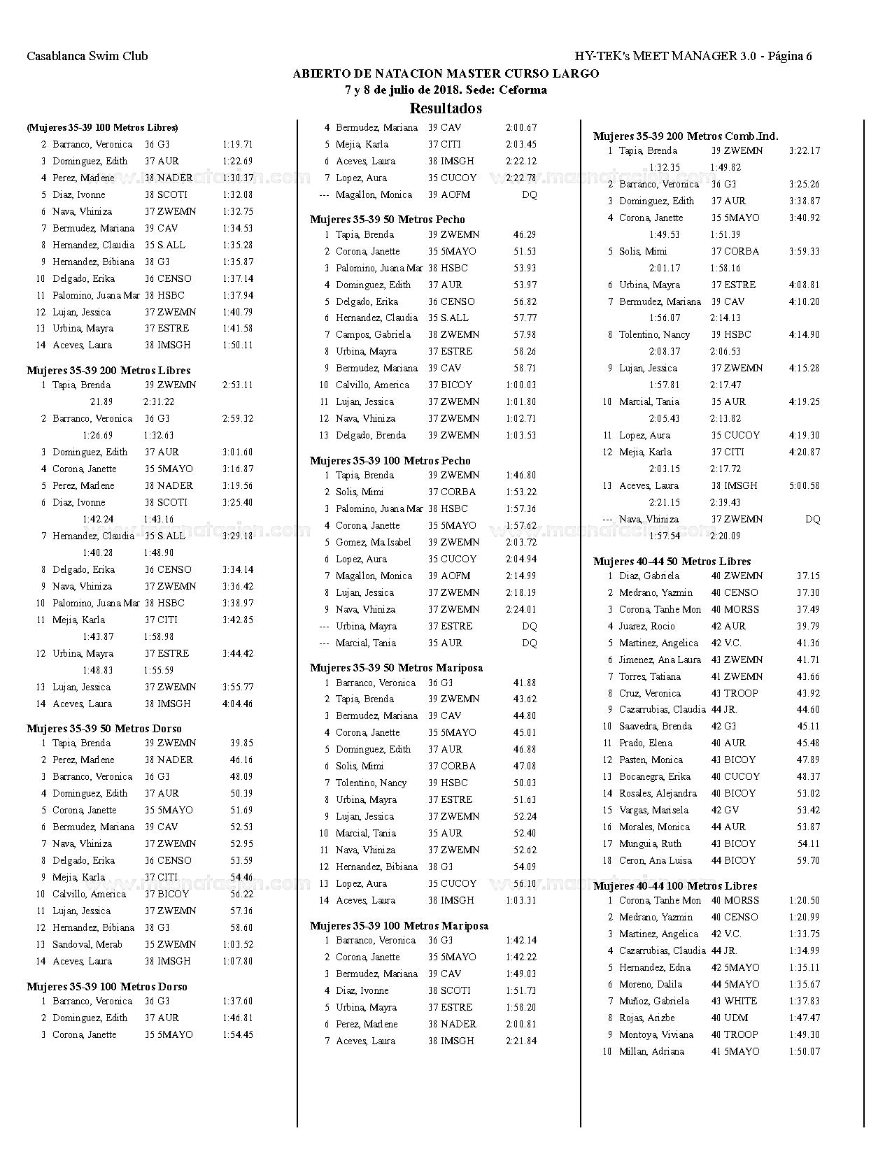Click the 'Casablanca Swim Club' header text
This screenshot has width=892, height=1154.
(87, 57)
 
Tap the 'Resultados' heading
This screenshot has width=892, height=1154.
(446, 108)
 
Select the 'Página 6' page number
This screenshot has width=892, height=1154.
(790, 57)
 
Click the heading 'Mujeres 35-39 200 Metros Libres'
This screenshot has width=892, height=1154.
(108, 371)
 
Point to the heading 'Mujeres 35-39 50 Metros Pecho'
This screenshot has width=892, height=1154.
(387, 220)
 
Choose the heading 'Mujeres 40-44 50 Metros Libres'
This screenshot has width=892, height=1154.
(672, 562)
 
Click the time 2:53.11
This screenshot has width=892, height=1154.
(237, 385)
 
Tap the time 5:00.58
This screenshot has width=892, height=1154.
(804, 486)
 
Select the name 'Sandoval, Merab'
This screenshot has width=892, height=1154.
(87, 945)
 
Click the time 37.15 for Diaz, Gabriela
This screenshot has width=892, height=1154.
(808, 576)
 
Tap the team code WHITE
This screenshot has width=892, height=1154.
(740, 1002)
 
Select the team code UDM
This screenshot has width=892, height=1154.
(735, 1018)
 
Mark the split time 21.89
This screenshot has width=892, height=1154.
(101, 402)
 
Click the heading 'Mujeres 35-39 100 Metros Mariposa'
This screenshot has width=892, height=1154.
(399, 926)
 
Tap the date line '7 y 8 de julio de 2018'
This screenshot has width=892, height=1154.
(446, 90)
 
